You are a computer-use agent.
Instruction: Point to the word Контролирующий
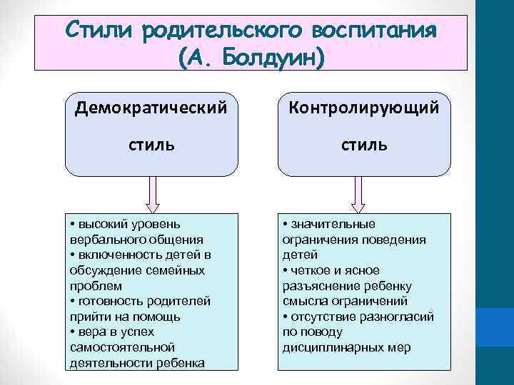coord(363,108)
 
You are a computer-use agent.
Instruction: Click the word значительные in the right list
coord(331,224)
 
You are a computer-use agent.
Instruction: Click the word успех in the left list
coord(138,332)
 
